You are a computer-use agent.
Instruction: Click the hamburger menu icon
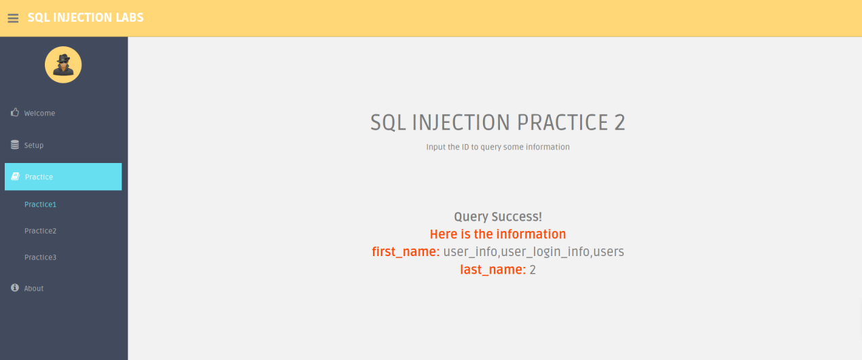point(13,18)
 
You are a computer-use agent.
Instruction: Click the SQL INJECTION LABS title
point(86,17)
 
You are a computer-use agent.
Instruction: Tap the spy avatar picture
point(63,65)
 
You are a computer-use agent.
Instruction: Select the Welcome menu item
point(39,113)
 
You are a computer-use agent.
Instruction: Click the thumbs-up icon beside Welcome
point(15,112)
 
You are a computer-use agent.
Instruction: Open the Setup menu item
point(33,145)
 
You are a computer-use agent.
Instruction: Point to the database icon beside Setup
point(15,144)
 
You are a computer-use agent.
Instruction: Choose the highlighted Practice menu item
point(63,177)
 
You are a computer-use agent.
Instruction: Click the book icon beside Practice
point(15,176)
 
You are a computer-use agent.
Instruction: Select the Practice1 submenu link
point(40,204)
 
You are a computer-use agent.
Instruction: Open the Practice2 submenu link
point(40,231)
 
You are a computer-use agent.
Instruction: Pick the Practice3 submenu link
point(40,257)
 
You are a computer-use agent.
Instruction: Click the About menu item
point(33,289)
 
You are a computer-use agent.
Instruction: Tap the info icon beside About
point(15,288)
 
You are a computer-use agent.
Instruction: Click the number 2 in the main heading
point(619,123)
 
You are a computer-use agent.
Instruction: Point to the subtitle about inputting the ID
point(498,147)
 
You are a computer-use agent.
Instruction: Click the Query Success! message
point(498,217)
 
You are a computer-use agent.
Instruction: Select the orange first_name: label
point(406,252)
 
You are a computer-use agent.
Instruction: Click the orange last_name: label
point(493,270)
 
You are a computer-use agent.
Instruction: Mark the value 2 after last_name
point(533,270)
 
